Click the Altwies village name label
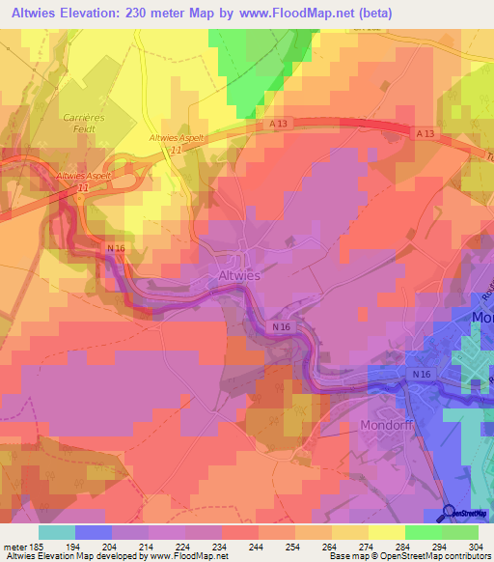[x=233, y=275]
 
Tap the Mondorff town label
[x=386, y=424]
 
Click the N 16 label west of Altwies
[x=116, y=249]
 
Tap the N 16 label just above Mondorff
[x=421, y=374]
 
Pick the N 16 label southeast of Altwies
[x=281, y=327]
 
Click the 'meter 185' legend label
[x=21, y=546]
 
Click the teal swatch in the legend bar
[x=57, y=532]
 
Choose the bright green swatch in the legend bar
[x=423, y=532]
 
